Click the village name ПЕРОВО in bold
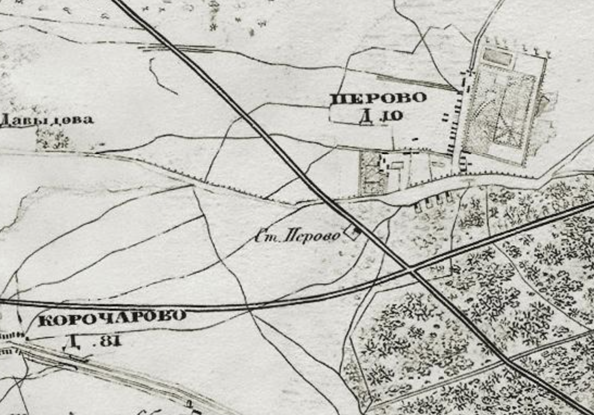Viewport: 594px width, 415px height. (378, 98)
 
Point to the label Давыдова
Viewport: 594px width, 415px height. (47, 120)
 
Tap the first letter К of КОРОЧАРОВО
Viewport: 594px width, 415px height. (45, 320)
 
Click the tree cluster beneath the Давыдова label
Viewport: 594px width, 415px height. (53, 140)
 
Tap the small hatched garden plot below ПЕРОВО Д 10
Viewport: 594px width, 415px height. (371, 173)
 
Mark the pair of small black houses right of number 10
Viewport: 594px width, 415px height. (446, 116)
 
